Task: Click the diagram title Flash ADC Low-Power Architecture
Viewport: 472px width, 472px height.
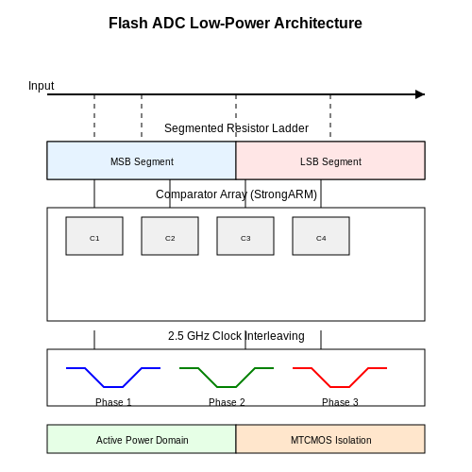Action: click(x=235, y=23)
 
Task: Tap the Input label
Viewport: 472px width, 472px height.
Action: click(x=41, y=86)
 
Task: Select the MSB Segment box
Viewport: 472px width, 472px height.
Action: click(x=142, y=160)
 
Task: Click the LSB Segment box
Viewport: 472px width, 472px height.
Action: click(x=330, y=160)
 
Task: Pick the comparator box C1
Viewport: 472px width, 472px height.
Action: click(x=94, y=236)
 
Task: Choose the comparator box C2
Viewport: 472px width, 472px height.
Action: click(x=170, y=236)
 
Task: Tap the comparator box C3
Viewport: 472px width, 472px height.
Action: click(x=245, y=236)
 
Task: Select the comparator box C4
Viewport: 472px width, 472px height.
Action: click(x=321, y=236)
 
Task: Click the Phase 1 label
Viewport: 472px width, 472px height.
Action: click(x=113, y=402)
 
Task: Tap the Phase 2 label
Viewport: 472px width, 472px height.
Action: click(x=227, y=402)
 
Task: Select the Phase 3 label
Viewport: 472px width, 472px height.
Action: click(x=340, y=402)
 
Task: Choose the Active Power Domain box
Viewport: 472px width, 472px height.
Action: click(x=142, y=439)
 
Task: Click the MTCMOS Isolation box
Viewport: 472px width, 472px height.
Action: click(x=330, y=439)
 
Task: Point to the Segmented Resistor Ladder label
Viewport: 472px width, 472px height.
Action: click(x=236, y=128)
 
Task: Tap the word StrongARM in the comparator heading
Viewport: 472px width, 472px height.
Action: click(x=283, y=194)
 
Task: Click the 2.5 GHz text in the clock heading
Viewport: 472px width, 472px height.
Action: click(x=189, y=336)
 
